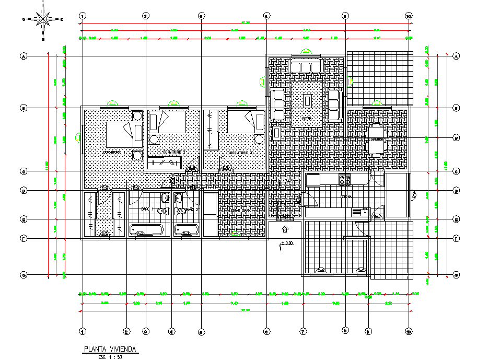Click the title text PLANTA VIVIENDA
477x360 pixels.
(110, 349)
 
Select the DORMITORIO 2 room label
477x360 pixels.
(173, 152)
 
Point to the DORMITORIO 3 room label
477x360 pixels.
(241, 153)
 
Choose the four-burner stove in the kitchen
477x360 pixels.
(345, 180)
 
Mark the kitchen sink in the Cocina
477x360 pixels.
(359, 212)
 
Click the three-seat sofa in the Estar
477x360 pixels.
(306, 67)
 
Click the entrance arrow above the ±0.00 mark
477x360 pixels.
(285, 229)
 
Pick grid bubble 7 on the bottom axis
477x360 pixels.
(303, 331)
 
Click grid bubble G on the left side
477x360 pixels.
(23, 275)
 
